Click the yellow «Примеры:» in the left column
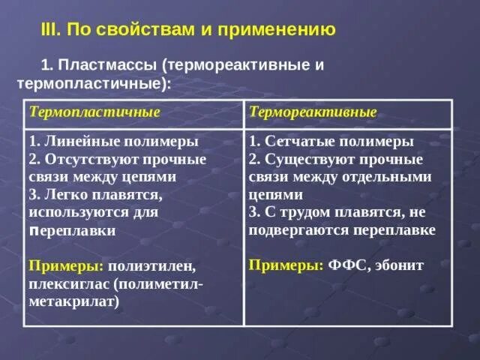[x=66, y=266]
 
